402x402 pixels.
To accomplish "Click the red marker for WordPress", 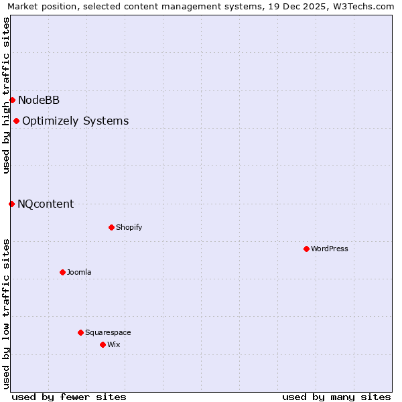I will coord(306,249).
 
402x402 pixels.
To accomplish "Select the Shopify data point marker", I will coord(111,227).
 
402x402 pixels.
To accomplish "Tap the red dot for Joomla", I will coord(62,272).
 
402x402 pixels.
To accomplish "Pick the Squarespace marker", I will coord(80,332).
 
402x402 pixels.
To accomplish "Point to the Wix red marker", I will coord(103,344).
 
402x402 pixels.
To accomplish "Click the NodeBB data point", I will coord(12,100).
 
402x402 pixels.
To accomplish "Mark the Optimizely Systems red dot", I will coord(16,121).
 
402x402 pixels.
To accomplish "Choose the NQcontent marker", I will coord(11,204).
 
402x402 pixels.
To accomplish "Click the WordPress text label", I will coord(330,249).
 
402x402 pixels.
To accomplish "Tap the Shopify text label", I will coord(129,227).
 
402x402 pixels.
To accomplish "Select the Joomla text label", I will coord(79,272).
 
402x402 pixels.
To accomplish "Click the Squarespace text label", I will coord(108,332).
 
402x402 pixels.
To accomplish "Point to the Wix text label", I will coord(114,344).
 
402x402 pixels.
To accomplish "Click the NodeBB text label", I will coord(39,100).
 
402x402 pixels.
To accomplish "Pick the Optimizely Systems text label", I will coord(75,121).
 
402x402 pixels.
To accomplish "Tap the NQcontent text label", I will coord(46,204).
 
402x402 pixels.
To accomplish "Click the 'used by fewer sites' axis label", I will coord(69,397).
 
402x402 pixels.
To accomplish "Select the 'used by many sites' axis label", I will coord(336,397).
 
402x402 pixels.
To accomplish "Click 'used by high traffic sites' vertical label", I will coord(6,95).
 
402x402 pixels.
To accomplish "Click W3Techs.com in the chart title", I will coord(360,6).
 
